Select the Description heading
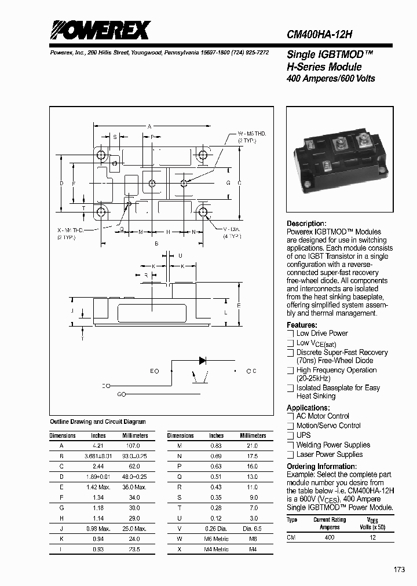coord(306,224)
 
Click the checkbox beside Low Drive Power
coord(291,334)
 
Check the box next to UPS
coord(291,435)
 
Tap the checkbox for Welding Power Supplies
coord(291,445)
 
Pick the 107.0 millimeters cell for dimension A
coord(134,446)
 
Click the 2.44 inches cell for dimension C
coord(98,467)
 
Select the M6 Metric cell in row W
coord(217,539)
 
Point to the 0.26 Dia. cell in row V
coord(217,529)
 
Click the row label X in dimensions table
coord(180,549)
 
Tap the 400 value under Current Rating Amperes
coord(330,538)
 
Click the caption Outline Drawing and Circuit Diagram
coord(98,422)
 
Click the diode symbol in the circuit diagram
coord(203,360)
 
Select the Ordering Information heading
coord(318,467)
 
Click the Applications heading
coord(309,408)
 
